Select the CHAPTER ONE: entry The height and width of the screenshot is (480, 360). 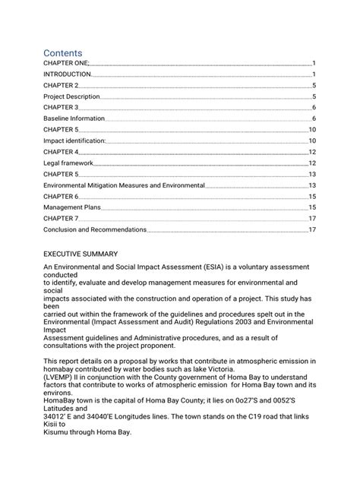(x=66, y=64)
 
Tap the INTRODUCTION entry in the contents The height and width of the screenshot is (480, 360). (x=68, y=75)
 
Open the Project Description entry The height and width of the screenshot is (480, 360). (x=71, y=97)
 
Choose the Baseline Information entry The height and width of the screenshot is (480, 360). (x=74, y=119)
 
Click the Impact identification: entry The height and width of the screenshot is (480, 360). (x=74, y=141)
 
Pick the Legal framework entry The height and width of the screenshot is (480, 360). (x=68, y=163)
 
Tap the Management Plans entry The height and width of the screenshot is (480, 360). (x=73, y=207)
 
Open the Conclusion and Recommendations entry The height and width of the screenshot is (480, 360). (x=94, y=229)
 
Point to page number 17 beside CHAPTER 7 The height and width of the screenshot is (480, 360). (x=311, y=218)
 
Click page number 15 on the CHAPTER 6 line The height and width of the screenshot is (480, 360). (x=311, y=196)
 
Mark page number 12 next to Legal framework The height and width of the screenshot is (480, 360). (x=311, y=163)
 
